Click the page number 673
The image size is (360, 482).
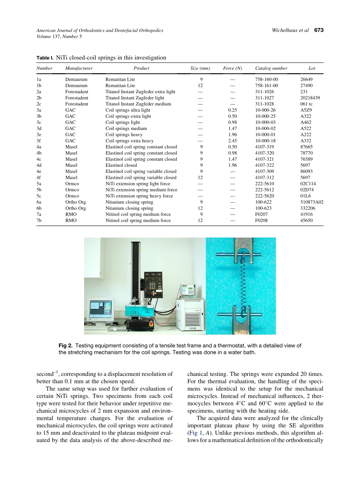(x=319, y=30)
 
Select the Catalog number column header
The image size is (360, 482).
(x=271, y=68)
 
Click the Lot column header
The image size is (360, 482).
(x=311, y=68)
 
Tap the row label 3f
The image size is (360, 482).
(x=39, y=141)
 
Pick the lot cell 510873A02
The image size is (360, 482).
(x=311, y=202)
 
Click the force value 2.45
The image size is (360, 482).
(x=232, y=141)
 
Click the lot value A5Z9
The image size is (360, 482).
(x=306, y=110)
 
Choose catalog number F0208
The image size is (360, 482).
(x=261, y=221)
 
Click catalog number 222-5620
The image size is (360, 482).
(x=265, y=196)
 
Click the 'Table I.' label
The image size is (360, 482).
(x=45, y=58)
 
